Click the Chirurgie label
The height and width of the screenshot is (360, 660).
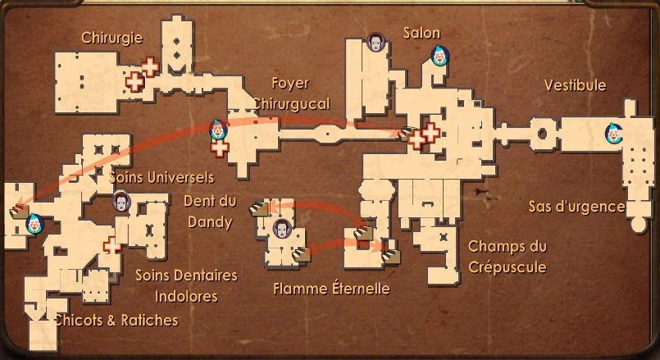pos(112,37)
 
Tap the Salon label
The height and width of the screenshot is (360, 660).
pos(421,33)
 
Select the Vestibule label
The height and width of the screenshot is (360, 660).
pos(575,85)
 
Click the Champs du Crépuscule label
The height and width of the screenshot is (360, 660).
pos(507,256)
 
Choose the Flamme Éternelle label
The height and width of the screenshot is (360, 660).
pos(331,288)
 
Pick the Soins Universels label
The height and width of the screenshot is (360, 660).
pos(162,176)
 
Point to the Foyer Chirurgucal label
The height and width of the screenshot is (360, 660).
pos(291,93)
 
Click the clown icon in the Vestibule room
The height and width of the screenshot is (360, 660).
pos(613,134)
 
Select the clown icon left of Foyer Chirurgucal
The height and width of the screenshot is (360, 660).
pos(217,130)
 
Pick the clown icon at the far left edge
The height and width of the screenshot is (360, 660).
pos(34,222)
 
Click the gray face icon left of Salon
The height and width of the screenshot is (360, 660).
pos(376,42)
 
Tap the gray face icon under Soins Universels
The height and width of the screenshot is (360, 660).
pos(121,202)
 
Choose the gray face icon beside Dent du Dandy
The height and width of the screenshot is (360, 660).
pos(283,228)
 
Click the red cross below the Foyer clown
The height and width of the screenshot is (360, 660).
pos(219,148)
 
